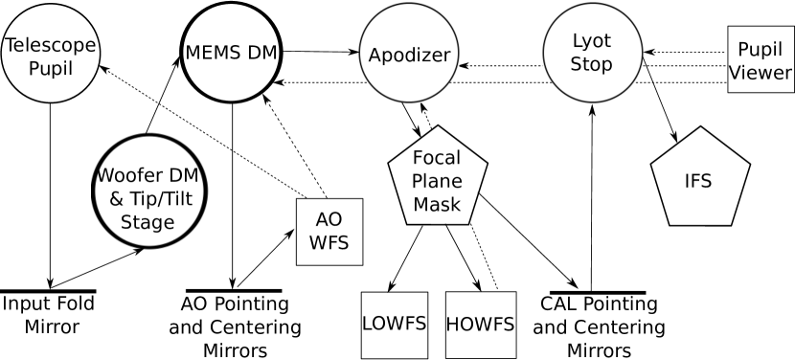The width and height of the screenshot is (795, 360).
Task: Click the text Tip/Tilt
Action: click(159, 199)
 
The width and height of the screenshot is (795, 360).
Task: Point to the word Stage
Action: click(148, 222)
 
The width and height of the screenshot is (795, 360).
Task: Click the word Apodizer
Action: click(409, 56)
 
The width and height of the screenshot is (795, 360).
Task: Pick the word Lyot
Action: click(591, 43)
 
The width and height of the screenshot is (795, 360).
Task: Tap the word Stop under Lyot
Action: click(591, 65)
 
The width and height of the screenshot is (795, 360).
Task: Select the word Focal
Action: click(437, 158)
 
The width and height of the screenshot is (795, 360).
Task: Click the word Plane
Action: click(437, 181)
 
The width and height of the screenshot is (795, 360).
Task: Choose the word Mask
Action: click(437, 204)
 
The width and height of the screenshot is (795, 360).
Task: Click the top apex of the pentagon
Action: click(438, 127)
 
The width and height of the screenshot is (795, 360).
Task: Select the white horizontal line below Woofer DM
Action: click(234, 290)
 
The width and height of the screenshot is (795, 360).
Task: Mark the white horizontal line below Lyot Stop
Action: click(598, 293)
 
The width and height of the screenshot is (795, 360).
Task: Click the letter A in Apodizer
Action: click(375, 55)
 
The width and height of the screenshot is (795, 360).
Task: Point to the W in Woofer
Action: click(104, 176)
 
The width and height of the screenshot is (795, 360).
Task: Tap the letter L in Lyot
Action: click(578, 43)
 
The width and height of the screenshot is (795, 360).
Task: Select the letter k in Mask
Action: click(456, 204)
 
